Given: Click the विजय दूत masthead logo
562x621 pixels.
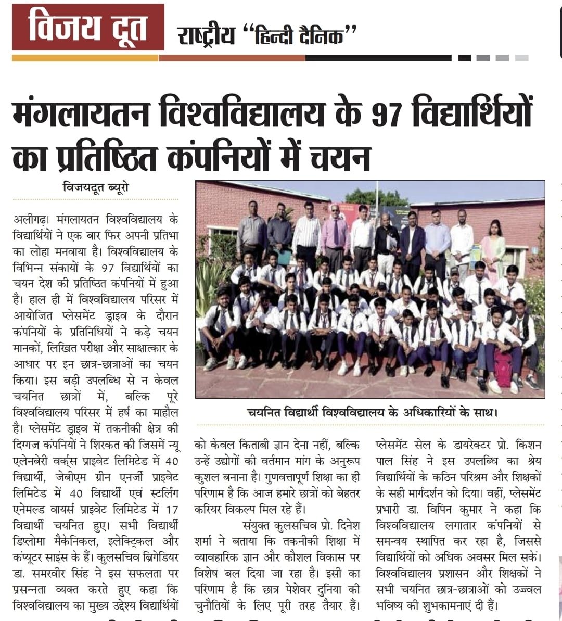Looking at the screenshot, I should coord(87,27).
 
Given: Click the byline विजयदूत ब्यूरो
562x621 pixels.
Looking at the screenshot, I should coord(96,187).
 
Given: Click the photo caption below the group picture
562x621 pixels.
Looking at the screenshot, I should coord(372,413).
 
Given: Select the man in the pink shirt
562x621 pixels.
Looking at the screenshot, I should coord(335,234).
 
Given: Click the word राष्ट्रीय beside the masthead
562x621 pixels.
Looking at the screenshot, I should coord(206,36).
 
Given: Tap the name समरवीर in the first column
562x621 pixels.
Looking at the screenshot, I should coord(52,574).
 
